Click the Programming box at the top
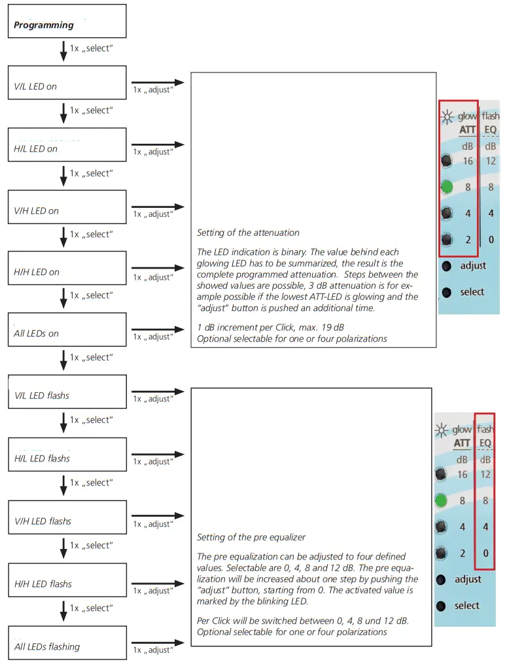pos(67,22)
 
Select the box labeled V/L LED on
pos(67,82)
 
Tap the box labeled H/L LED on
pos(67,145)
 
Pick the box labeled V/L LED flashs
pos(67,392)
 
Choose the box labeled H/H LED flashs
pos(67,581)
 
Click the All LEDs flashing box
pos(67,644)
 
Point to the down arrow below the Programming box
pos(63,51)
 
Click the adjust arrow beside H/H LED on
pos(158,268)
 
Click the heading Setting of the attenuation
pos(248,233)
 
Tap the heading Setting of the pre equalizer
pos(251,537)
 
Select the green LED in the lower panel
pos(442,501)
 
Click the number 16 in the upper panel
pos(468,161)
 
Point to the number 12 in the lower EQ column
pos(485,474)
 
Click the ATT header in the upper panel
pos(467,131)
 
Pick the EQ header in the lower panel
pos(485,443)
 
